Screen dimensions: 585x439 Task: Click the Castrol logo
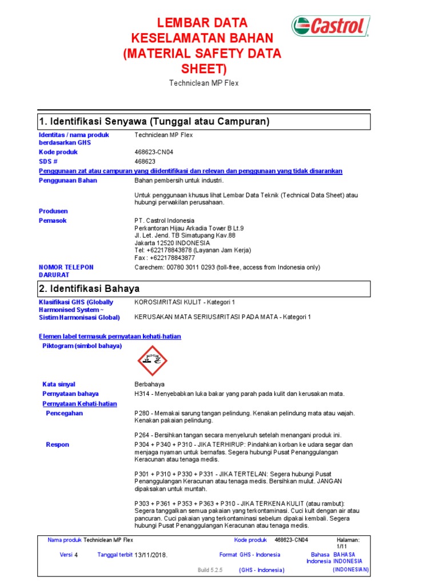(x=330, y=26)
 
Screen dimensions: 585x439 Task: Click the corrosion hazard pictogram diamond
(x=153, y=360)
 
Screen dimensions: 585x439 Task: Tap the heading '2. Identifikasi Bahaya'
(x=89, y=289)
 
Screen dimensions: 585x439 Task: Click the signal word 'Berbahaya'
(x=149, y=384)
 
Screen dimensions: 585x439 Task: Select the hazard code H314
(x=141, y=394)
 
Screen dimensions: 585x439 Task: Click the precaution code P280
(x=142, y=413)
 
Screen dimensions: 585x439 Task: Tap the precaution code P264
(x=142, y=435)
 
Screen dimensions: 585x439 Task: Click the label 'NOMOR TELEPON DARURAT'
(x=66, y=271)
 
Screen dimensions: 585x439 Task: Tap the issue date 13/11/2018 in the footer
(x=151, y=555)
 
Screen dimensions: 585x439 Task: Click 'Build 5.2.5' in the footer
(x=210, y=570)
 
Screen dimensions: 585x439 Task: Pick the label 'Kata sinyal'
(x=58, y=384)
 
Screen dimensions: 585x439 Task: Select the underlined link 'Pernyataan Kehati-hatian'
(x=79, y=404)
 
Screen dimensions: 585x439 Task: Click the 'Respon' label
(x=57, y=444)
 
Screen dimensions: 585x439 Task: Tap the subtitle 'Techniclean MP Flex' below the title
(x=203, y=83)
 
